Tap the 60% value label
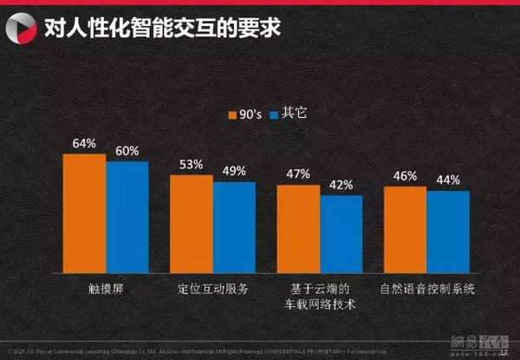pos(127,151)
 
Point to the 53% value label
pos(192,164)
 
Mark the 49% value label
pos(234,171)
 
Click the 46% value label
pos(405,176)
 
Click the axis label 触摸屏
pos(107,289)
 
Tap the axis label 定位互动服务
pos(213,289)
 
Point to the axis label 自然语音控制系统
pos(426,289)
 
